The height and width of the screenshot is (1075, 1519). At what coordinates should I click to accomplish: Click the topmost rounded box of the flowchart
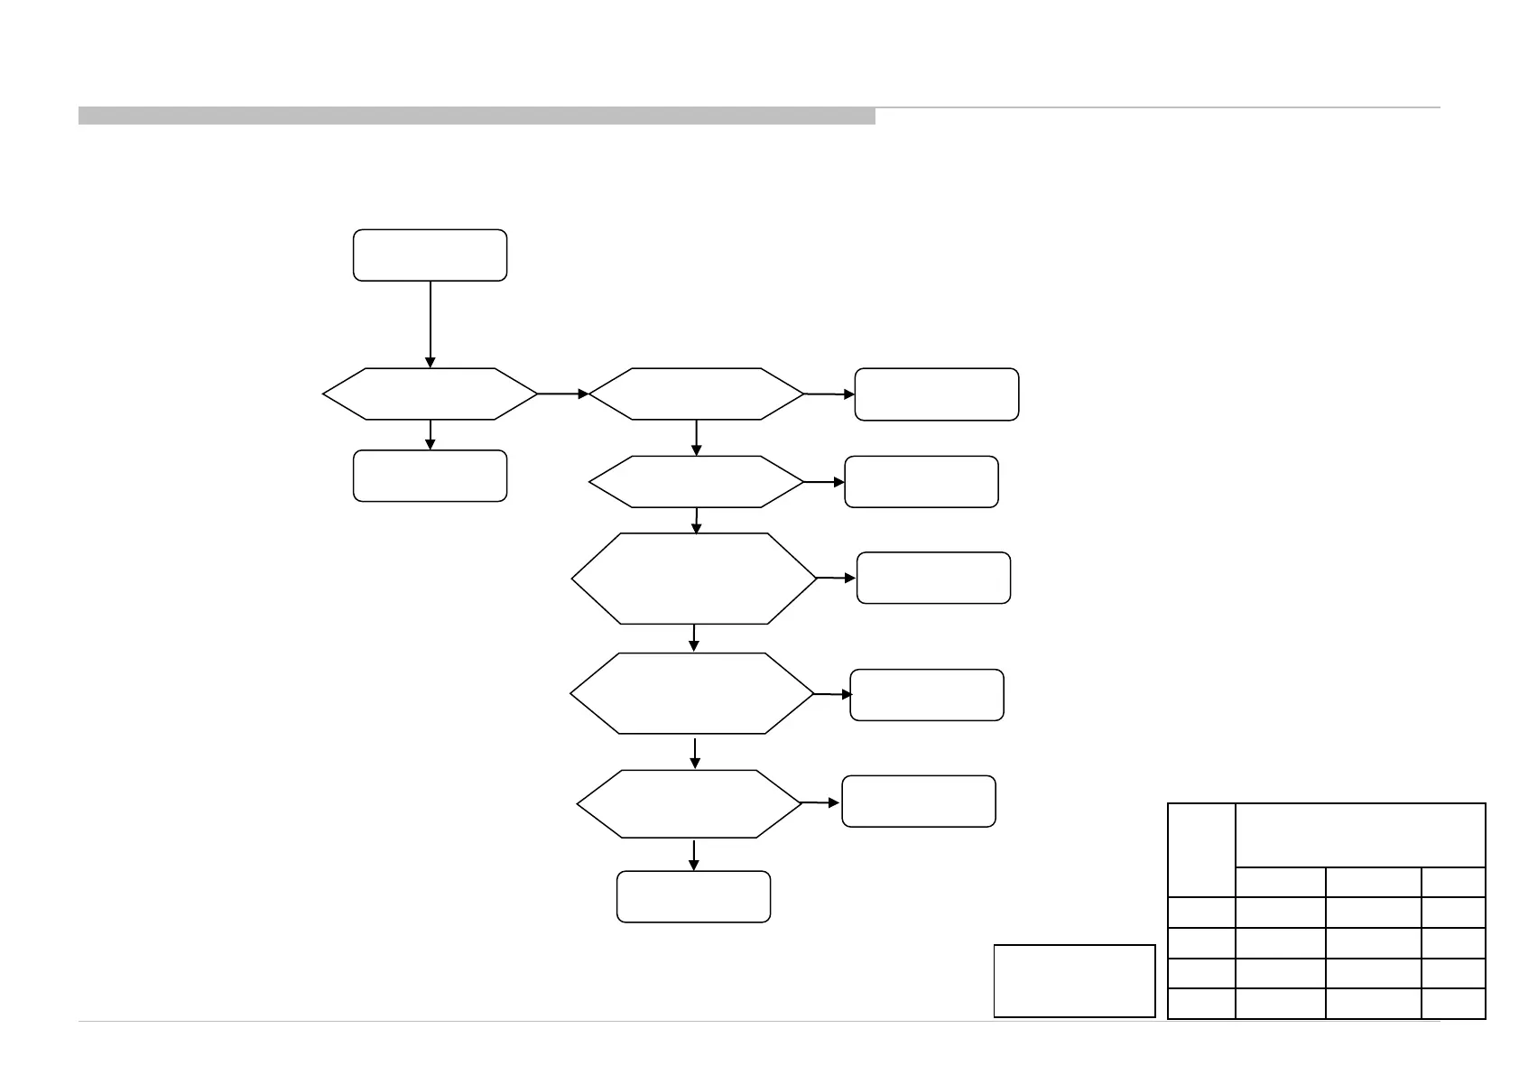pos(430,255)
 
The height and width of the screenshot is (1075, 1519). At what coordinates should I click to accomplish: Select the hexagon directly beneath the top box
pos(430,394)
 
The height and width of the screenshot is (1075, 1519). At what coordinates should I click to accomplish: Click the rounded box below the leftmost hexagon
pos(430,476)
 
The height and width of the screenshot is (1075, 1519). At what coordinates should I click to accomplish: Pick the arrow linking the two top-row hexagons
pos(562,394)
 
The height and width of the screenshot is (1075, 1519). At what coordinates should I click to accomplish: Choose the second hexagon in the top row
pos(696,394)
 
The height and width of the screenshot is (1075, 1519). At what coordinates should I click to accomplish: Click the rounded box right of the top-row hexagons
pos(936,394)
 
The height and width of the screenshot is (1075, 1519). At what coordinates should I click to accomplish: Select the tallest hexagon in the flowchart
pos(694,579)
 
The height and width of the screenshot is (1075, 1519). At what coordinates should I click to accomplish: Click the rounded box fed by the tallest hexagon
pos(933,578)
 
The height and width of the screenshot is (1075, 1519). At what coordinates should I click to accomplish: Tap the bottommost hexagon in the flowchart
pos(689,803)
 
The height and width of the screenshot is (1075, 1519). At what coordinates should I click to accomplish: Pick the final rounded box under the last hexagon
pos(693,896)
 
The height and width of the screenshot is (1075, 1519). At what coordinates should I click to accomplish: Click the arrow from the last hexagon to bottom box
pos(694,855)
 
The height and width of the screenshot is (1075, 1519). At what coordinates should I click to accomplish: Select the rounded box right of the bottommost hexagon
pos(918,802)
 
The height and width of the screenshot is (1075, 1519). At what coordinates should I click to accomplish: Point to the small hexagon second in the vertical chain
pos(696,482)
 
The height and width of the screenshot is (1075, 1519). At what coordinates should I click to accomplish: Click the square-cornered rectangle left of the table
pos(1074,980)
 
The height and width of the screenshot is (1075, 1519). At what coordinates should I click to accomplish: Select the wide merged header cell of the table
pos(1359,835)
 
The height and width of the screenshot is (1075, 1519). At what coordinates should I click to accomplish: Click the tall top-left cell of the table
pos(1200,849)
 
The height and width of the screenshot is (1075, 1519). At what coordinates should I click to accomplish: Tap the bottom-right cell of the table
pos(1453,1004)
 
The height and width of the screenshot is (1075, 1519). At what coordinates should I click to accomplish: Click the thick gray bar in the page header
pos(477,116)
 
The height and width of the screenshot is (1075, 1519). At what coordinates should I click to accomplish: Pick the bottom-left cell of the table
pos(1200,1004)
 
